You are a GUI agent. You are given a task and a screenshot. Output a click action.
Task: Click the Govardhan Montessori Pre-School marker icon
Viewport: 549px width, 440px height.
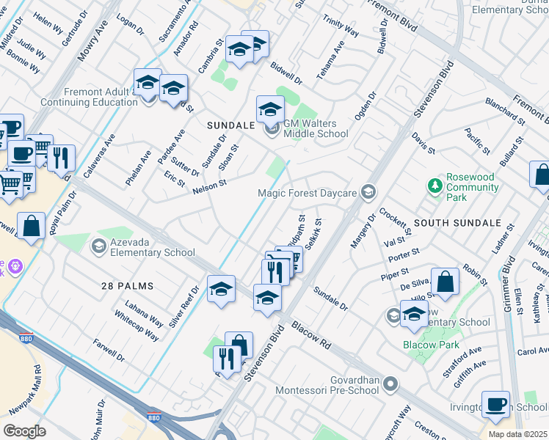[x=390, y=384]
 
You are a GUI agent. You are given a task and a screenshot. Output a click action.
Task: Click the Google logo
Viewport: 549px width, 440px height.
[x=24, y=431]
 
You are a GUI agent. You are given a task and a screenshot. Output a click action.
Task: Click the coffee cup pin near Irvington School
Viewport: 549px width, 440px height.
[x=495, y=405]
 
